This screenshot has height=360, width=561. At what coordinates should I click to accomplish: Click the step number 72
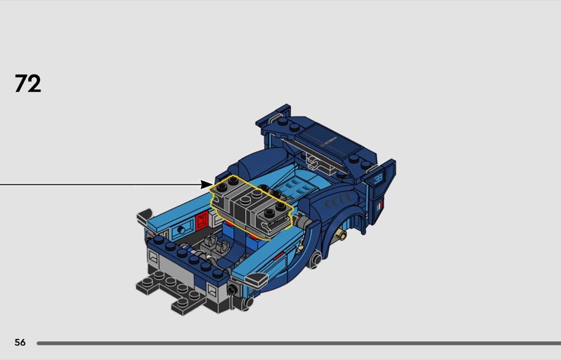(28, 84)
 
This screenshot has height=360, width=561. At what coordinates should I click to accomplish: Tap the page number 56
(20, 342)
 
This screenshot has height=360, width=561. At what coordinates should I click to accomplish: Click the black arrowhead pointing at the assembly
(207, 185)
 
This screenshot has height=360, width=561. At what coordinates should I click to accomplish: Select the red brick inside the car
(202, 220)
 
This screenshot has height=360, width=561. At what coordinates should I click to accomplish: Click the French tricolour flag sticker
(380, 206)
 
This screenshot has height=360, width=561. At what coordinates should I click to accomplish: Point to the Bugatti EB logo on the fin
(379, 179)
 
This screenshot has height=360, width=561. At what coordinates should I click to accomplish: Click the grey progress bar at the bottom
(299, 343)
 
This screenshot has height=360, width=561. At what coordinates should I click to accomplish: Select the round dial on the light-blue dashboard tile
(182, 230)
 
